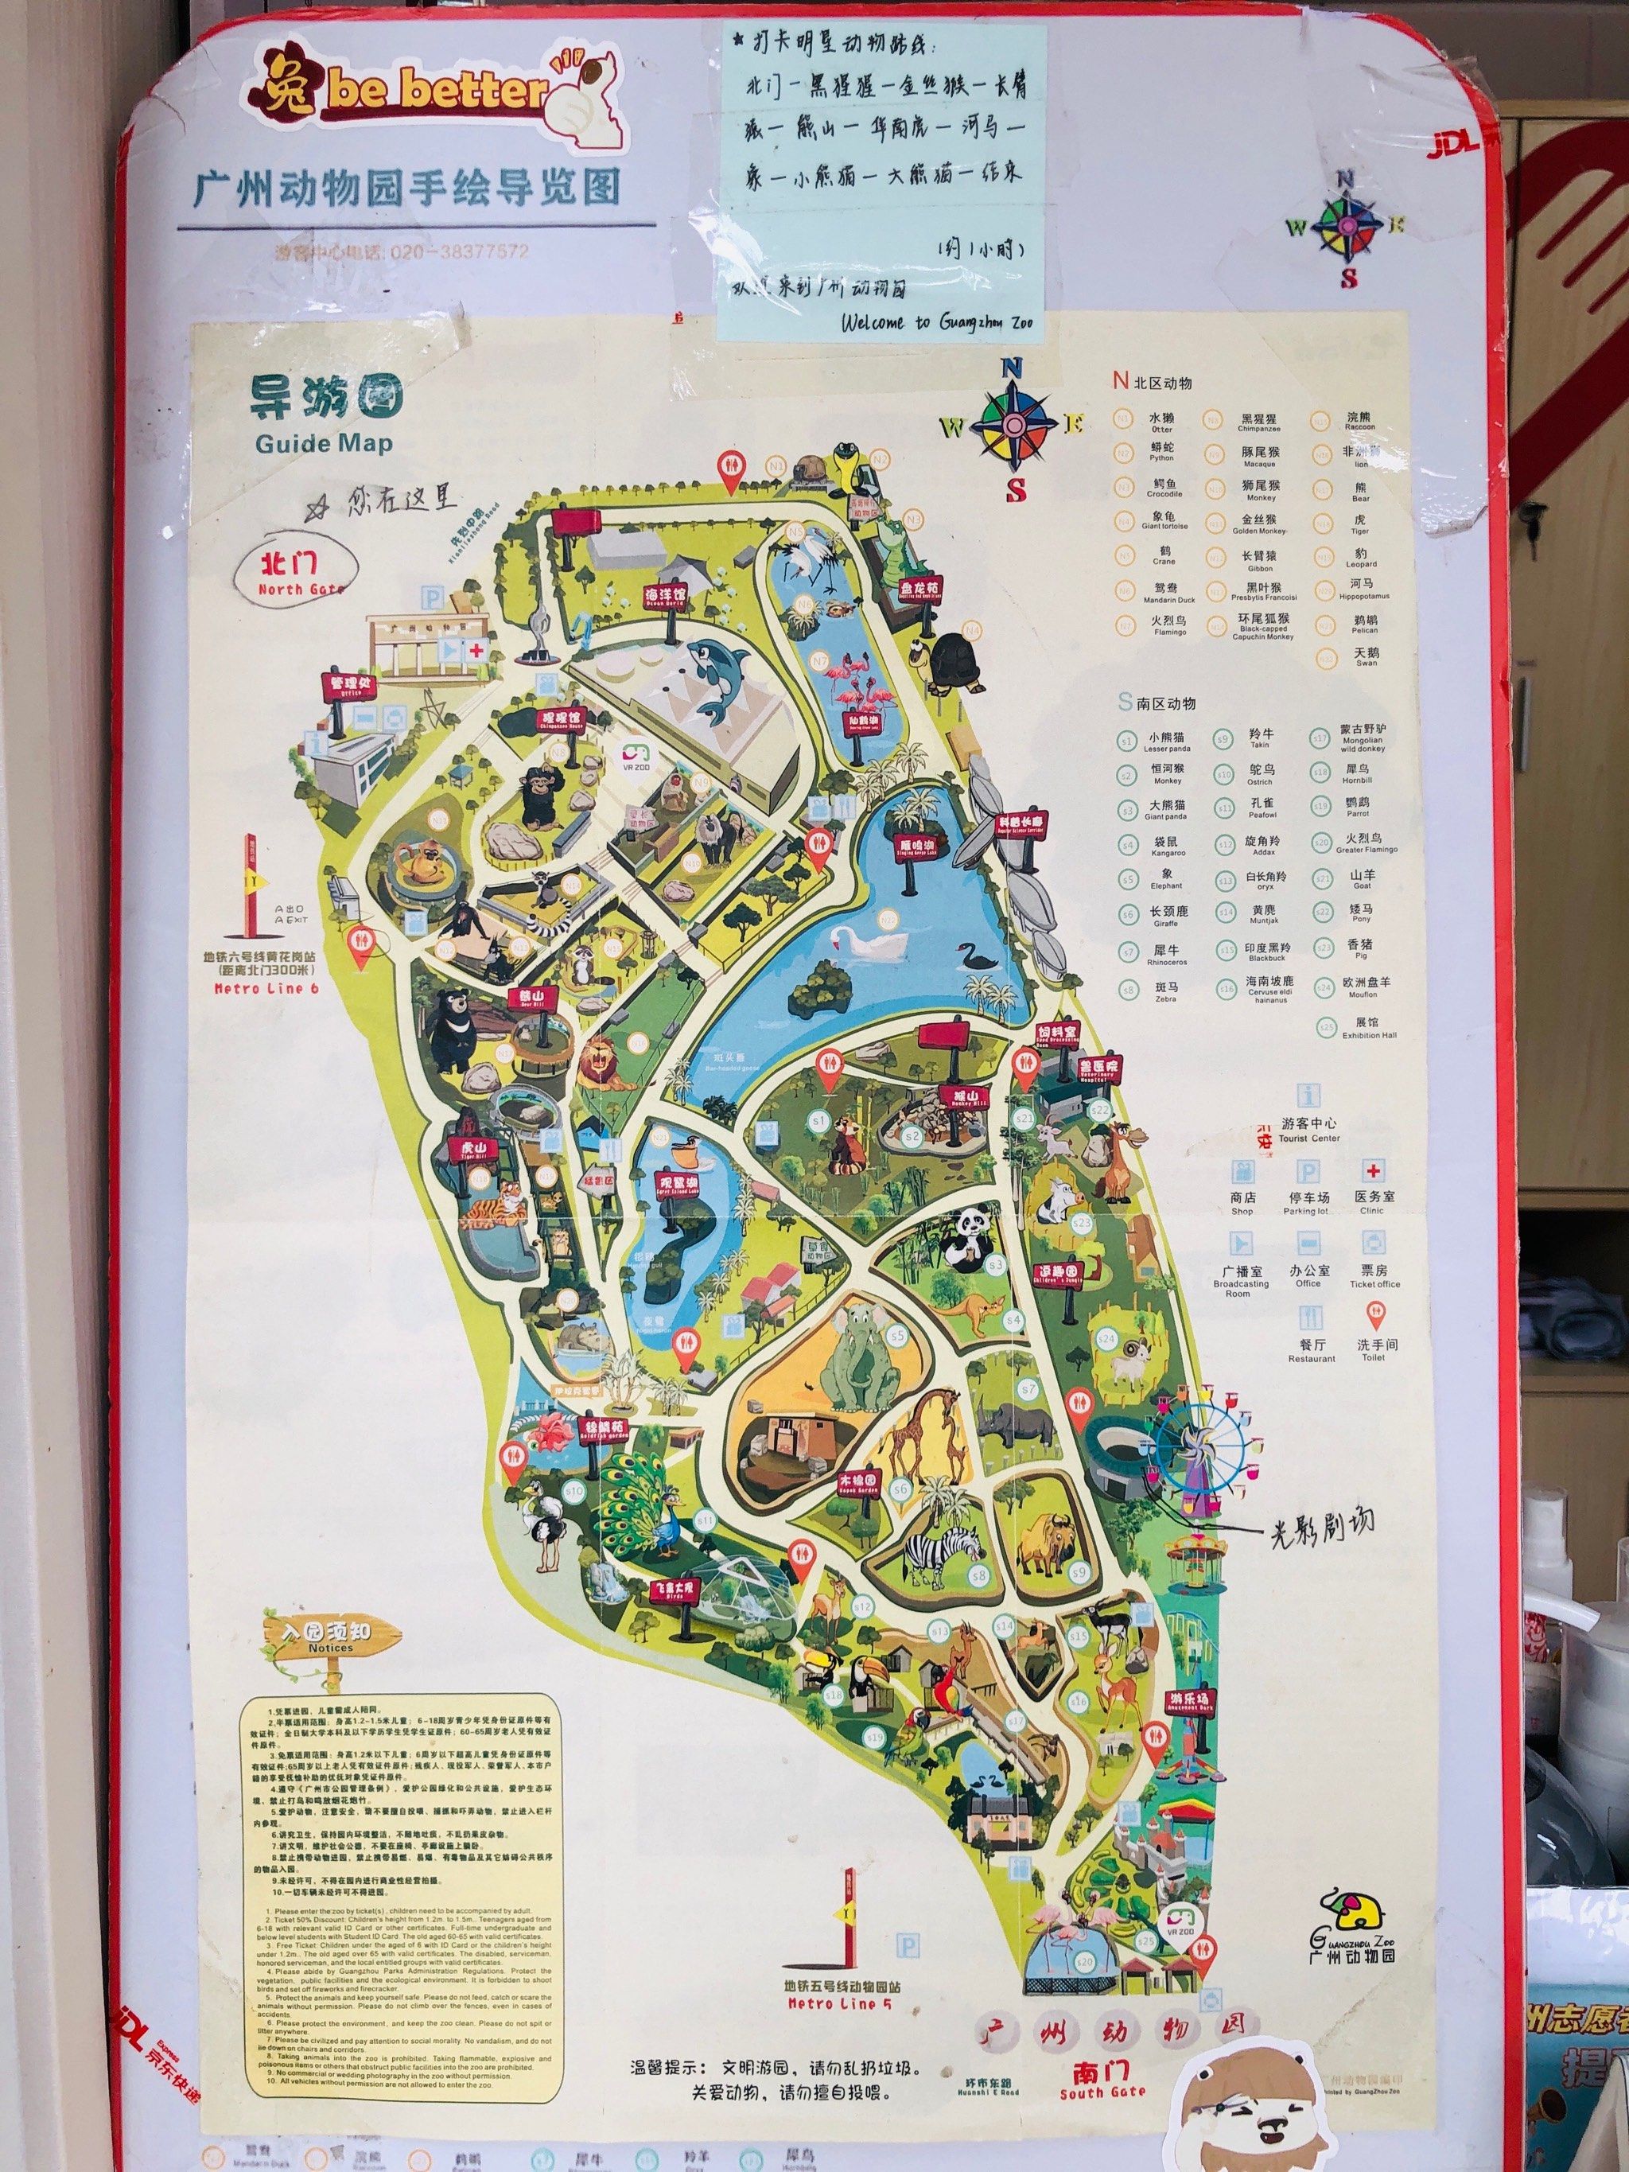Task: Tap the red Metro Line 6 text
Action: pos(266,989)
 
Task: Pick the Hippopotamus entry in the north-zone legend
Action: pos(1361,590)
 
